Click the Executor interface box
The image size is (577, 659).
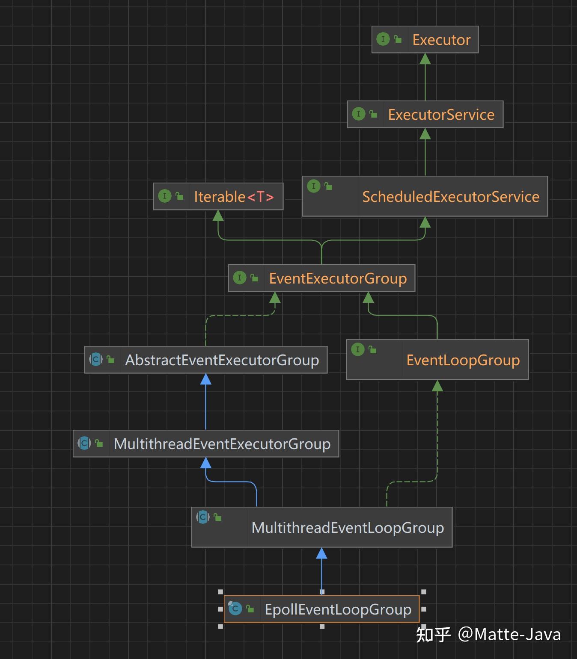[x=441, y=40]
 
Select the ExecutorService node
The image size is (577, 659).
[x=441, y=115]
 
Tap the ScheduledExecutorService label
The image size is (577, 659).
[x=450, y=197]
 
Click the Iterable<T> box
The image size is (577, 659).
[x=233, y=197]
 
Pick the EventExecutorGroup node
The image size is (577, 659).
[x=337, y=278]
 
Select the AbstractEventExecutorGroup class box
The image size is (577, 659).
[x=222, y=360]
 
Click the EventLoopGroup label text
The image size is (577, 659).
[x=463, y=360]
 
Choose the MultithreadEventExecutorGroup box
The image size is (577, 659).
[x=222, y=444]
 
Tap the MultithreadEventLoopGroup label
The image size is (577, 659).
[x=347, y=528]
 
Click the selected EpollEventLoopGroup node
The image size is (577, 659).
[x=338, y=609]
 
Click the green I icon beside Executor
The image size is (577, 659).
[x=383, y=39]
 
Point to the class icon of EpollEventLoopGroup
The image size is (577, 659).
[x=235, y=608]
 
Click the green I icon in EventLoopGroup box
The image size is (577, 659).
[x=357, y=349]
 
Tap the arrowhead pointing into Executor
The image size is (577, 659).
[x=425, y=59]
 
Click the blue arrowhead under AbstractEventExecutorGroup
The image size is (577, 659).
[x=206, y=379]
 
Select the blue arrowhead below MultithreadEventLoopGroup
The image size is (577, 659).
[x=321, y=553]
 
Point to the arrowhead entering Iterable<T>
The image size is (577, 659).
[x=218, y=216]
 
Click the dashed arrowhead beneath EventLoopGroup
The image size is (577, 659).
[x=437, y=386]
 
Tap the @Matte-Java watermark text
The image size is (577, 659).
[x=509, y=634]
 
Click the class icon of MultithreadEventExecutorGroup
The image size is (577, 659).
[x=84, y=443]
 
